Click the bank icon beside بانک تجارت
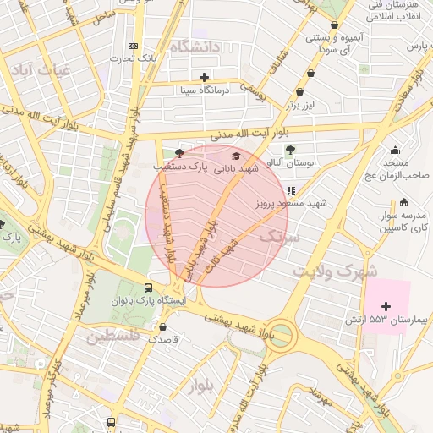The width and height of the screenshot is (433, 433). click(x=132, y=46)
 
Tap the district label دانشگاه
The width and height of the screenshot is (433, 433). click(x=195, y=47)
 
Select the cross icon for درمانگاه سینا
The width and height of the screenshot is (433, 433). click(x=204, y=76)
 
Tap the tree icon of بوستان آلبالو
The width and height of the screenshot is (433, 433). click(x=291, y=150)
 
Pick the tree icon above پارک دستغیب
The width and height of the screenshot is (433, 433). click(x=178, y=153)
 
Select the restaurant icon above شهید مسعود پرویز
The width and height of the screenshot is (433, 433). click(x=292, y=191)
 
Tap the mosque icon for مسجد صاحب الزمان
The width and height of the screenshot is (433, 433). click(x=394, y=149)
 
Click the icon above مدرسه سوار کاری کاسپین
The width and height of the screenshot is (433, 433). click(x=403, y=202)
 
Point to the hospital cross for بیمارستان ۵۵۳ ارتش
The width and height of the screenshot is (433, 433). click(x=386, y=305)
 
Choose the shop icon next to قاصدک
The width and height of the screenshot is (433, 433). click(x=162, y=326)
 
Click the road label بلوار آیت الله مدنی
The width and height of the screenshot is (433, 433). click(x=241, y=134)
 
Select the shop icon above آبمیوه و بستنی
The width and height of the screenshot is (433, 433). click(x=337, y=25)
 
